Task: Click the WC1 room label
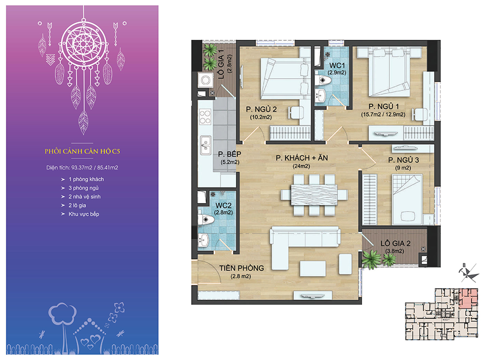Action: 337,65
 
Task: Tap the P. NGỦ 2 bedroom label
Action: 261,109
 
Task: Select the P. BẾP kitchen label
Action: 230,154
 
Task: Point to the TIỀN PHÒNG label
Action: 242,268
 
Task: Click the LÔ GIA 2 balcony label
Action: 396,243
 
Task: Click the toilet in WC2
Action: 205,219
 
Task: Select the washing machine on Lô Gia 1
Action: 205,80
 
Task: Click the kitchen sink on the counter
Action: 205,145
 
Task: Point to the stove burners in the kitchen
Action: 205,117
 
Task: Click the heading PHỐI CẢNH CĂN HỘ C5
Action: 83,151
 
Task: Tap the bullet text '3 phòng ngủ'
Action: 83,188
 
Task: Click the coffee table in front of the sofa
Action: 313,268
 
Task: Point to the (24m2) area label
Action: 301,166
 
